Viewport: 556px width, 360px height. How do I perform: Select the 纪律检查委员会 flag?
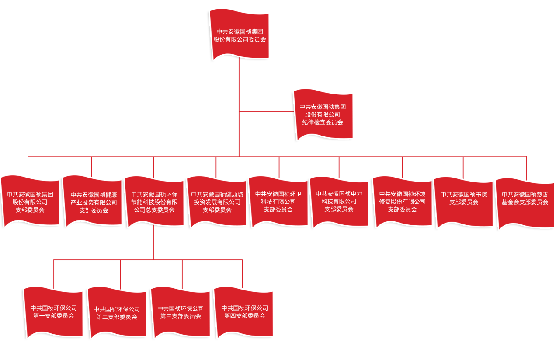[323, 115]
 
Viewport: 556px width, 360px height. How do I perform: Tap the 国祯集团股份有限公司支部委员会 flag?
[30, 202]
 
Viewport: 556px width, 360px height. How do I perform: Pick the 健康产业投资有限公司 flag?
[93, 202]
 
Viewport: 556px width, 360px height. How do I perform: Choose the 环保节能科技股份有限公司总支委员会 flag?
[154, 202]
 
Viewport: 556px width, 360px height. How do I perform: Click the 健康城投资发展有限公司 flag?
[217, 202]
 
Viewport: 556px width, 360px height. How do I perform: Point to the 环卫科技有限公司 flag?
[278, 202]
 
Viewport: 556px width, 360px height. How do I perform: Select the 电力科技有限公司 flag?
[339, 202]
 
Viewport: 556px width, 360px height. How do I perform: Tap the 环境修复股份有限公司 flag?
[402, 202]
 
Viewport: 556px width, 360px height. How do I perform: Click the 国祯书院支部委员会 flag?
[464, 202]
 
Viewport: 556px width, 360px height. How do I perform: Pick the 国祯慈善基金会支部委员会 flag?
[525, 203]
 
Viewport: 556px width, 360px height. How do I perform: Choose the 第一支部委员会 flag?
[54, 312]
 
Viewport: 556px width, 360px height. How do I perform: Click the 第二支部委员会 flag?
[117, 313]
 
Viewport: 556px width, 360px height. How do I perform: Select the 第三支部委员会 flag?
[181, 312]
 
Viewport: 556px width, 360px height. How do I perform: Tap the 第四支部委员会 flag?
[244, 312]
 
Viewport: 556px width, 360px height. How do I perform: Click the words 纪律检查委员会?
[323, 122]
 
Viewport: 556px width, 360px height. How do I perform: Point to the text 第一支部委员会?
[54, 316]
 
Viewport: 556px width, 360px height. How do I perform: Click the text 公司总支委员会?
[154, 210]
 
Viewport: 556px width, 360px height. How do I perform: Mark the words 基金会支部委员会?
[525, 202]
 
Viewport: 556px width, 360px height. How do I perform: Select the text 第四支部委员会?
[244, 316]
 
